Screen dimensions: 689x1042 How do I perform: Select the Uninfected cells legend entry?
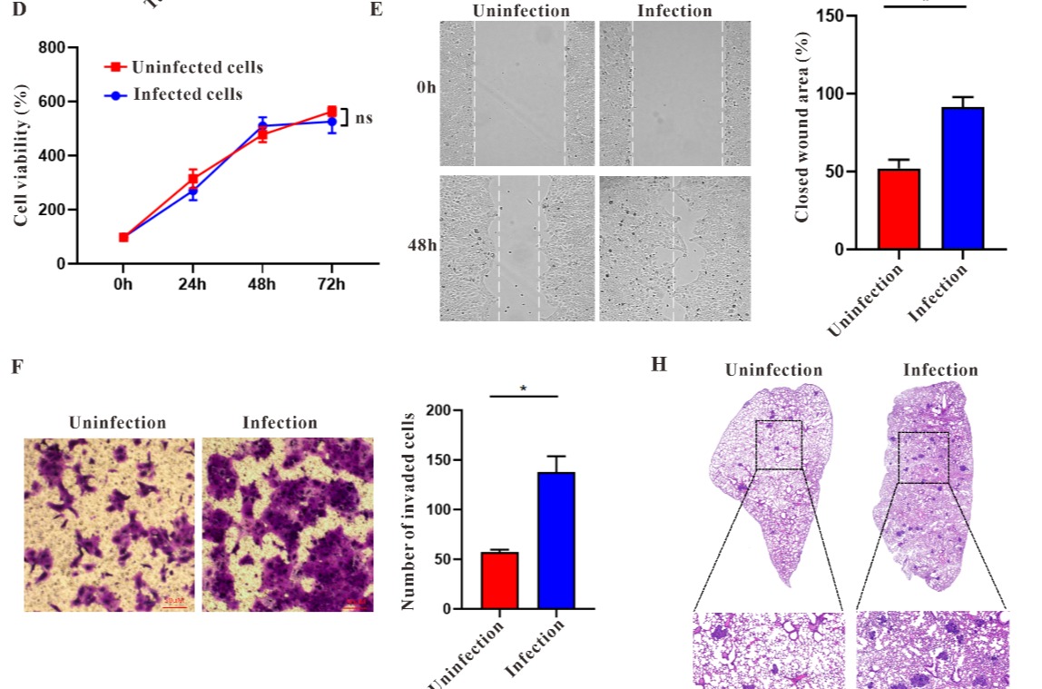(x=197, y=67)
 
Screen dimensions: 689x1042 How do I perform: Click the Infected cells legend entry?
(x=187, y=94)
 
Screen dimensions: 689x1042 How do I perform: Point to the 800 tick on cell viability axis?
(x=51, y=47)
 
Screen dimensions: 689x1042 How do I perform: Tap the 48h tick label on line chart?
(x=261, y=285)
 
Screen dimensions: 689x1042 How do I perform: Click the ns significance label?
(x=363, y=118)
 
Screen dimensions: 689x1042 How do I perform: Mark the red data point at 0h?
(x=123, y=238)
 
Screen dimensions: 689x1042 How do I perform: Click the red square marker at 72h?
(x=331, y=112)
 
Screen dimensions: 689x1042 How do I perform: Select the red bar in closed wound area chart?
(x=899, y=209)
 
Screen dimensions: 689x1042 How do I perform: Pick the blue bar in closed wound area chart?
(x=963, y=178)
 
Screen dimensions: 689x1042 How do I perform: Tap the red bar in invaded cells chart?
(x=500, y=580)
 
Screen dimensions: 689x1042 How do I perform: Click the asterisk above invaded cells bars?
(x=523, y=389)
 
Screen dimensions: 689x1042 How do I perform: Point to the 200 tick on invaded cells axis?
(x=437, y=410)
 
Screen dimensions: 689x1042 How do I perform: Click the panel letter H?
(x=659, y=365)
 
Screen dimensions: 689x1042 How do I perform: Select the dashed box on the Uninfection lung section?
(x=779, y=445)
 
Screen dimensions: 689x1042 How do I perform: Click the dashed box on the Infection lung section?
(x=923, y=457)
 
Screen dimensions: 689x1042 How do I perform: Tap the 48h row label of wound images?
(x=422, y=246)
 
